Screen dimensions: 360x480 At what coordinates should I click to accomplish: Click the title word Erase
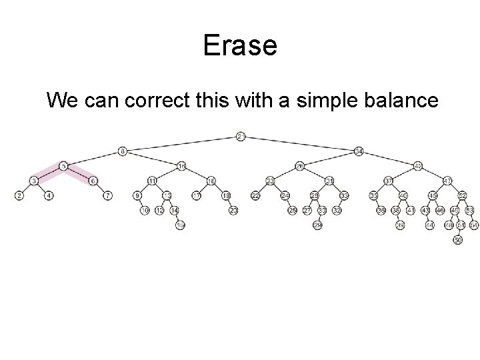[240, 45]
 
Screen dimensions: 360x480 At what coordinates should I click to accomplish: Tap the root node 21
[241, 137]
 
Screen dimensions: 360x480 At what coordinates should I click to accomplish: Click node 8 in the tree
[123, 151]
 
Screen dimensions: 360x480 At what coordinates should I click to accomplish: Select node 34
[359, 151]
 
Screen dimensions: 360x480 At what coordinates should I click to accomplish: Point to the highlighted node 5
[63, 165]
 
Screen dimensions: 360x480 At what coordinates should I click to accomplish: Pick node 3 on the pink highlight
[34, 181]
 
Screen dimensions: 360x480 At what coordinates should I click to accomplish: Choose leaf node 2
[19, 195]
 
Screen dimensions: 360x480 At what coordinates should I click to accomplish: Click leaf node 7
[108, 195]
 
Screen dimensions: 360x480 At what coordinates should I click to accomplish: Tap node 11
[153, 181]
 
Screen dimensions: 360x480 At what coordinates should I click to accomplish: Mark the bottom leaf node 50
[457, 240]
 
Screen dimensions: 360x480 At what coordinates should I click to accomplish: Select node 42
[418, 165]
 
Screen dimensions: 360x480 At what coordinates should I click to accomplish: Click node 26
[300, 165]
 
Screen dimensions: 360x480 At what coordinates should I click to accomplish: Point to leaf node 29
[318, 225]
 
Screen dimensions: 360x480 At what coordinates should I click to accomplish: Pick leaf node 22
[255, 195]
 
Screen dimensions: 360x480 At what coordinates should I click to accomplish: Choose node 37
[389, 181]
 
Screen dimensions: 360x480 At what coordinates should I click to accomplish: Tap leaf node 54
[473, 225]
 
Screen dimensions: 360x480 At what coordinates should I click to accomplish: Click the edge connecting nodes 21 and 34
[300, 144]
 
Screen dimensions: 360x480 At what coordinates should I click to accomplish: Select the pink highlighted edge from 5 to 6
[79, 173]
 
